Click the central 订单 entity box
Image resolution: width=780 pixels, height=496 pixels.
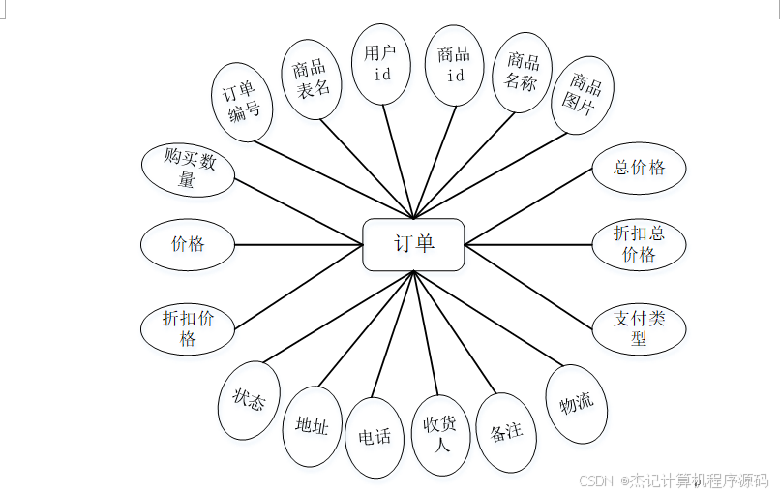pyautogui.click(x=413, y=244)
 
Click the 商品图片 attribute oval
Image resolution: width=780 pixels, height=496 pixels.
pyautogui.click(x=584, y=94)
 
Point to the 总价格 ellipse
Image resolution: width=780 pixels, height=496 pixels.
pyautogui.click(x=639, y=168)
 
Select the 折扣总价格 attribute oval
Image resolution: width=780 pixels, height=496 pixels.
pyautogui.click(x=639, y=243)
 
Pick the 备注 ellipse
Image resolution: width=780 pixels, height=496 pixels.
pyautogui.click(x=506, y=431)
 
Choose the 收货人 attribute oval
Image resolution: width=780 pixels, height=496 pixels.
pyautogui.click(x=441, y=436)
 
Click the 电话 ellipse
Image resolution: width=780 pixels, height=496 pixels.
pyautogui.click(x=375, y=437)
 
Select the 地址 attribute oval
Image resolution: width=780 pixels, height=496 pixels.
pyautogui.click(x=312, y=426)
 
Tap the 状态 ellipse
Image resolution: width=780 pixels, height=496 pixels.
pyautogui.click(x=249, y=400)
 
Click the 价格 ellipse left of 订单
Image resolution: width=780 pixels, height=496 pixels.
pyautogui.click(x=188, y=244)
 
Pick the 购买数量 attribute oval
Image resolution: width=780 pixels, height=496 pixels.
pyautogui.click(x=188, y=170)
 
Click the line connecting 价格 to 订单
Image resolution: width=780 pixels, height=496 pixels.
pyautogui.click(x=298, y=244)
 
